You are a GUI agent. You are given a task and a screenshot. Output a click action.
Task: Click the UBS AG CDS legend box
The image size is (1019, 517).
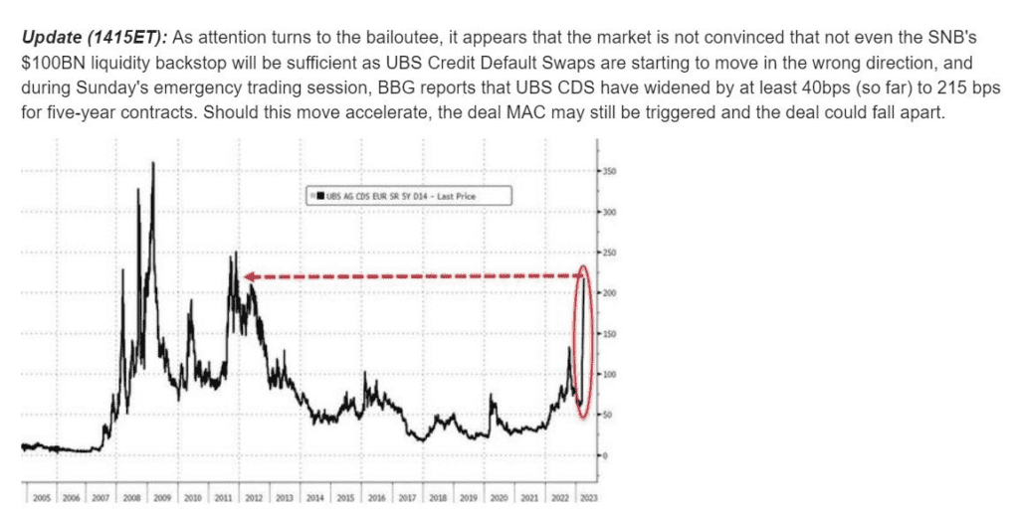point(409,196)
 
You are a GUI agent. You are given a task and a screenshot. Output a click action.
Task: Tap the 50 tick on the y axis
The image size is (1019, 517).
point(607,415)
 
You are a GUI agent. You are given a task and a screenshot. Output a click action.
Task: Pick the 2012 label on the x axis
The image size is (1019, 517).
point(254,494)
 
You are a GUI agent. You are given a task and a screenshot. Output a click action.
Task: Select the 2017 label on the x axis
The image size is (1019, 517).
point(408,494)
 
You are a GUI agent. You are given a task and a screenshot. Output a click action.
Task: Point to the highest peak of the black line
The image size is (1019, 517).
point(152,163)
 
